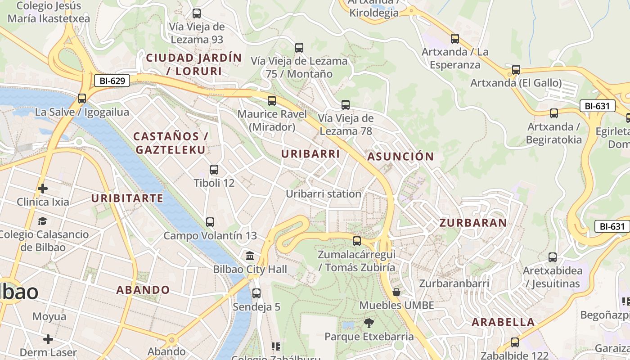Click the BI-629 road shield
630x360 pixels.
click(x=112, y=81)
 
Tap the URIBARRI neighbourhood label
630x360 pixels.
click(x=310, y=154)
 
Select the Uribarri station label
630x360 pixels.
click(x=324, y=194)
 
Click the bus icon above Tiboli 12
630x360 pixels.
click(x=214, y=170)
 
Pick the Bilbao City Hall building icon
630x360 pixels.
click(x=250, y=256)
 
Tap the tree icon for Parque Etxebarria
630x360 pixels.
click(x=369, y=323)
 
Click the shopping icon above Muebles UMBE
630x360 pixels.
click(x=396, y=292)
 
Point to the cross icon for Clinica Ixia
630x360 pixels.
click(x=43, y=188)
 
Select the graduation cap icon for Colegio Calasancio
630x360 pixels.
click(x=42, y=221)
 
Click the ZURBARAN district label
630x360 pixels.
click(x=473, y=223)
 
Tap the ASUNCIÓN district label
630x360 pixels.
click(x=400, y=157)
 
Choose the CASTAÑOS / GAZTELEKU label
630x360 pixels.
click(x=171, y=143)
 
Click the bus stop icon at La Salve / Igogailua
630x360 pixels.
click(x=82, y=98)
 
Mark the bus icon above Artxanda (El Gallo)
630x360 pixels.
click(x=516, y=70)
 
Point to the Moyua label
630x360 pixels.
click(x=49, y=317)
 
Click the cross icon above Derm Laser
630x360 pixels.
click(x=48, y=339)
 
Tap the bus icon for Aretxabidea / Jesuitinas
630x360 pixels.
click(x=553, y=257)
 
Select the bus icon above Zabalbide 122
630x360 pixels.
click(x=515, y=342)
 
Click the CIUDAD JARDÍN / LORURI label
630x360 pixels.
click(x=194, y=64)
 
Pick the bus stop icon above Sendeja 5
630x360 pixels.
click(x=256, y=293)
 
